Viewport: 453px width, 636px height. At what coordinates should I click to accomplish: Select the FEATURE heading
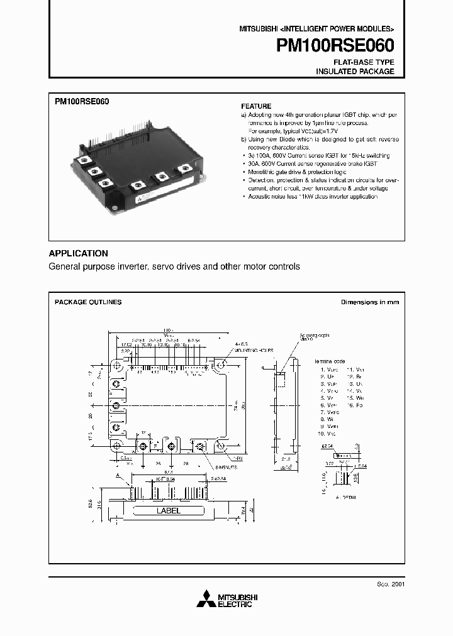pyautogui.click(x=256, y=106)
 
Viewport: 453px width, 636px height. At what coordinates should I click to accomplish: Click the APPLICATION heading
pyautogui.click(x=78, y=253)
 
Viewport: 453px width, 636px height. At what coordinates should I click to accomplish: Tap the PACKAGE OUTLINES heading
pyautogui.click(x=87, y=302)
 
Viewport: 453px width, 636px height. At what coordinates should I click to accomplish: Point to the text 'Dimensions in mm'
pyautogui.click(x=370, y=302)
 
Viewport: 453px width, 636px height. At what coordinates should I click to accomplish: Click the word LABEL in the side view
pyautogui.click(x=168, y=511)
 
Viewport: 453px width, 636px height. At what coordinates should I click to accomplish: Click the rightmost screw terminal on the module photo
pyautogui.click(x=184, y=168)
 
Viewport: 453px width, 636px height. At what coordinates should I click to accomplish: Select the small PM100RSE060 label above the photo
pyautogui.click(x=78, y=101)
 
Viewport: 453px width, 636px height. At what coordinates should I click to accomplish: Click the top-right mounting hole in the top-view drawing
pyautogui.click(x=220, y=365)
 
